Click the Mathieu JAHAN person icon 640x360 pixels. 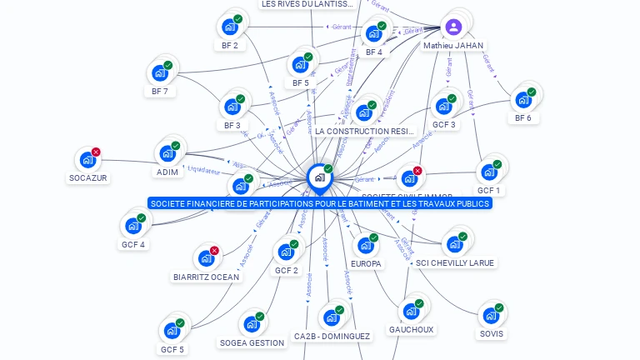(453, 27)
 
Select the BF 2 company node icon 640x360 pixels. (229, 27)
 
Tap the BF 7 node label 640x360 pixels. (160, 91)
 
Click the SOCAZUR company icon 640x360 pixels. (87, 159)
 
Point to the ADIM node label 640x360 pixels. (167, 172)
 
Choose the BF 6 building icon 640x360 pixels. (522, 100)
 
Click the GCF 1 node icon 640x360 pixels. (488, 172)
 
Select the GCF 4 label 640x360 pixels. (133, 245)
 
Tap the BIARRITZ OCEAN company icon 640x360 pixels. (205, 258)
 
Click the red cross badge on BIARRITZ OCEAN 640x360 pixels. (214, 250)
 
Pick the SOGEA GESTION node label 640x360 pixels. (252, 342)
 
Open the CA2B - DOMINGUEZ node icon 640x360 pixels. (331, 317)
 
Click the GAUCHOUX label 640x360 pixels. (411, 329)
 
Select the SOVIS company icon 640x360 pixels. (491, 316)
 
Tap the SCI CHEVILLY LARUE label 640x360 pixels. (454, 262)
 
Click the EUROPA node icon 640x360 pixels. (365, 246)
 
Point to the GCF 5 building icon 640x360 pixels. (172, 331)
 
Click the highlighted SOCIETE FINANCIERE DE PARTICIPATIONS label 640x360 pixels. (320, 203)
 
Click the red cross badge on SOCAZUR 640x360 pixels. (96, 152)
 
